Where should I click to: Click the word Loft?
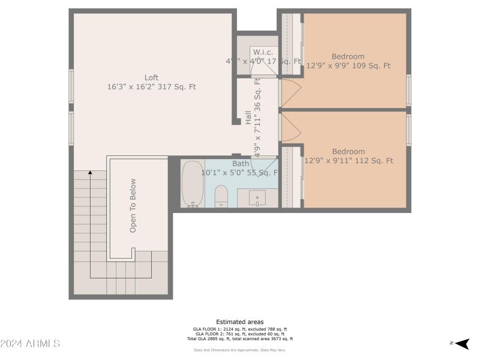[x=151, y=77]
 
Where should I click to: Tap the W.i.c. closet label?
[x=263, y=52]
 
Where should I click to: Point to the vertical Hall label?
[x=248, y=118]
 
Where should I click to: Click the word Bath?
[x=241, y=163]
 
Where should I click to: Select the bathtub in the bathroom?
[x=193, y=184]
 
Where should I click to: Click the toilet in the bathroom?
[x=221, y=196]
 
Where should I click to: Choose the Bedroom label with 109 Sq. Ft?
[x=348, y=57]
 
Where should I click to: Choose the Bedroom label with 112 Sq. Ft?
[x=349, y=152]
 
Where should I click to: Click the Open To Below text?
[x=133, y=206]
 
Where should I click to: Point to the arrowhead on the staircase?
[x=91, y=173]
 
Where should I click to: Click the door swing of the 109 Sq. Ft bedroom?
[x=290, y=94]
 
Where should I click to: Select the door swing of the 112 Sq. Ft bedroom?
[x=290, y=127]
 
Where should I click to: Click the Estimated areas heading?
[x=240, y=322]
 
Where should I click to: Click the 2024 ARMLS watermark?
[x=30, y=344]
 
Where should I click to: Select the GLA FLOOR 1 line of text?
[x=240, y=329]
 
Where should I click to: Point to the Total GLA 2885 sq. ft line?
[x=240, y=339]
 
